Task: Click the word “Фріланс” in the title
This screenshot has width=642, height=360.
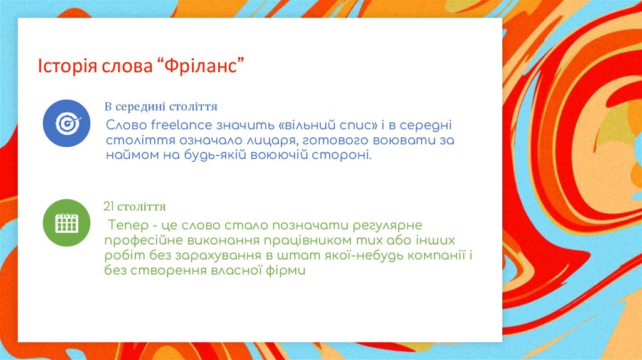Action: pyautogui.click(x=200, y=66)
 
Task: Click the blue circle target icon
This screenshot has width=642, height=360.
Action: pyautogui.click(x=66, y=123)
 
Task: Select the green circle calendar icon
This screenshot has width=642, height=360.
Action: pyautogui.click(x=66, y=223)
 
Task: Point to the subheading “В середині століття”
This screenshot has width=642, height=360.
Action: pyautogui.click(x=161, y=107)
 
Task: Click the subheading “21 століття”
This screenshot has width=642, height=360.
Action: pyautogui.click(x=134, y=206)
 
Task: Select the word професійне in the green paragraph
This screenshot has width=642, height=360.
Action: pyautogui.click(x=144, y=241)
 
